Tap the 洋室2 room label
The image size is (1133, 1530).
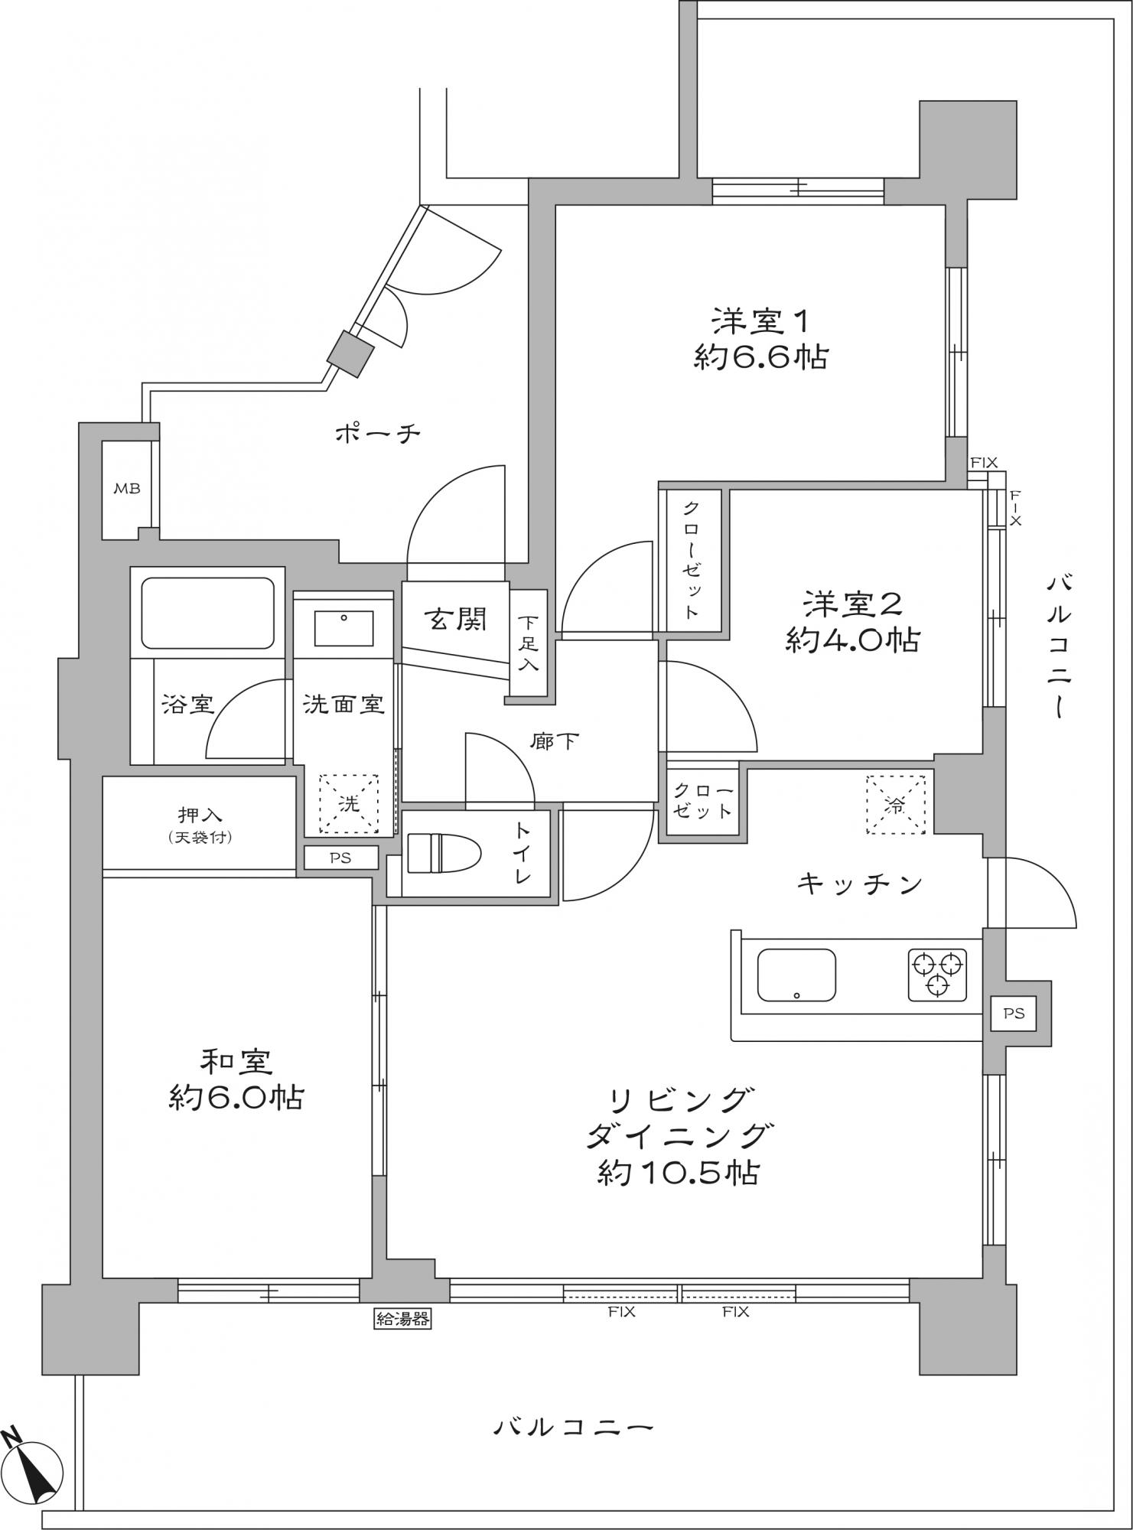852,604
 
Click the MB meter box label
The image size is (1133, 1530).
127,488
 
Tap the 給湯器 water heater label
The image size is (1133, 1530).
402,1318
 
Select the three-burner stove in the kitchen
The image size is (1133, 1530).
938,974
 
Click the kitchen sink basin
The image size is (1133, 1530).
796,975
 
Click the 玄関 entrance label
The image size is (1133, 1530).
457,618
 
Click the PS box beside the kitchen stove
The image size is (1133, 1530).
1014,1014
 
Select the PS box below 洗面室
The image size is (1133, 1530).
341,858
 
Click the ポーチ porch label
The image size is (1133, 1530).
379,435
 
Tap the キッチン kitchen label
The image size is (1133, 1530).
860,884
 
